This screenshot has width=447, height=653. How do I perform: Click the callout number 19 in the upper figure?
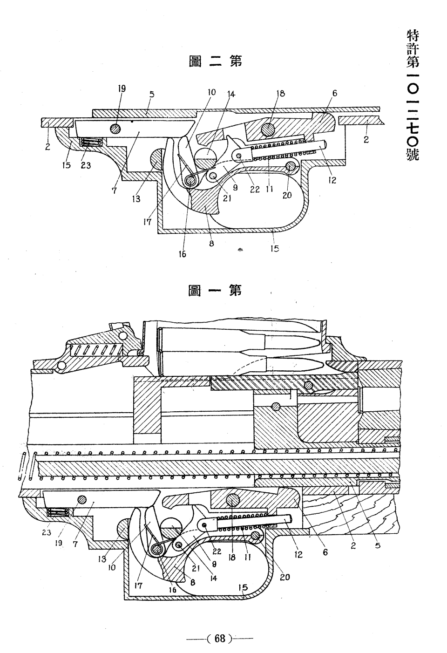tap(122, 88)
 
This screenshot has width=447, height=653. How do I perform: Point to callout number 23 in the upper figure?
tap(86, 165)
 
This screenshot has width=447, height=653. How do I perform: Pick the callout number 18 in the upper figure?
tap(281, 93)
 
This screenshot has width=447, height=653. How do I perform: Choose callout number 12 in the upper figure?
tap(332, 180)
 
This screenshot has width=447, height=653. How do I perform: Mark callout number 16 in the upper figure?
tap(183, 254)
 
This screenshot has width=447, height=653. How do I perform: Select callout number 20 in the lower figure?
tap(284, 577)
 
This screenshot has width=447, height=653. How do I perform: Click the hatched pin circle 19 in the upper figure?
tap(116, 128)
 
